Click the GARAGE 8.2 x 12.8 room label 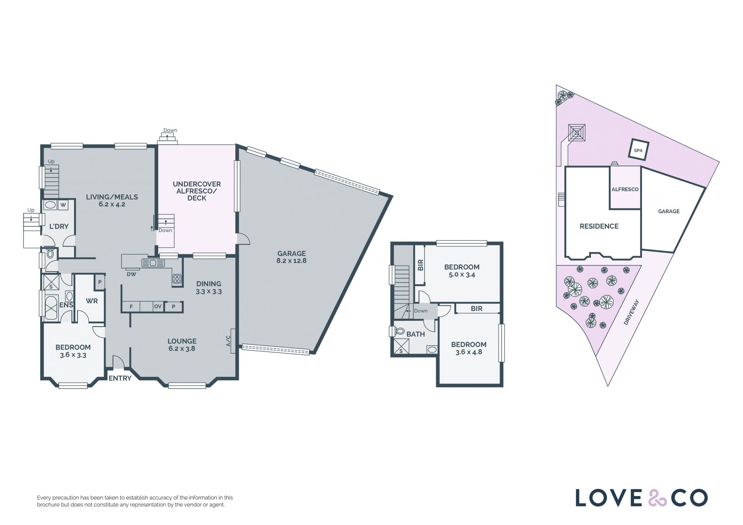pyautogui.click(x=291, y=257)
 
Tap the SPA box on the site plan pyautogui.click(x=638, y=150)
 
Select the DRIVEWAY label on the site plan pyautogui.click(x=631, y=312)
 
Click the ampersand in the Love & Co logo pyautogui.click(x=657, y=498)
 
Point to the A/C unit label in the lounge pyautogui.click(x=228, y=340)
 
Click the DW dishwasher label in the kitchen pyautogui.click(x=132, y=274)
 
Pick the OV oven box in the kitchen pyautogui.click(x=158, y=306)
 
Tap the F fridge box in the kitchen pyautogui.click(x=131, y=306)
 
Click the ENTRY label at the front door pyautogui.click(x=120, y=378)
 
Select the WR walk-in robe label pyautogui.click(x=92, y=301)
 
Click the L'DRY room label pyautogui.click(x=59, y=226)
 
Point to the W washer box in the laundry pyautogui.click(x=63, y=205)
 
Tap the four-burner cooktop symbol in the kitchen pyautogui.click(x=177, y=279)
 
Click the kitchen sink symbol pyautogui.click(x=153, y=263)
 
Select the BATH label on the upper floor pyautogui.click(x=416, y=334)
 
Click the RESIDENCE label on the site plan pyautogui.click(x=599, y=226)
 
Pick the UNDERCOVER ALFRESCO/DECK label pyautogui.click(x=197, y=191)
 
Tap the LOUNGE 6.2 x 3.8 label pyautogui.click(x=182, y=345)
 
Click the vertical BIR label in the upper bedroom pyautogui.click(x=421, y=265)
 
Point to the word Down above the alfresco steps pyautogui.click(x=170, y=130)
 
